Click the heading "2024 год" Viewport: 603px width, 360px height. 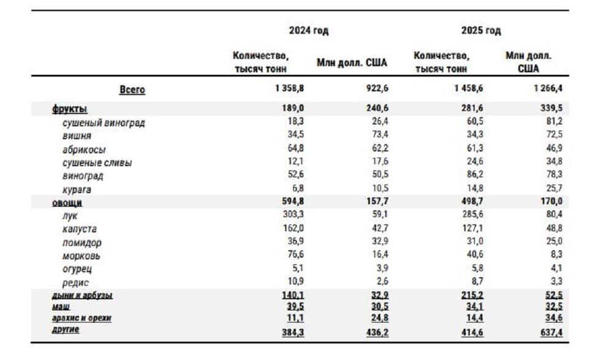309,31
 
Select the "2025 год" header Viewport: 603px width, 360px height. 481,31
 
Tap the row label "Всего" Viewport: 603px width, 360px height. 133,90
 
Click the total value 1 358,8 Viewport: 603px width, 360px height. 290,88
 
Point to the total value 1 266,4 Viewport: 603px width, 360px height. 548,88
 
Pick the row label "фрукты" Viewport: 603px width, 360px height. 69,109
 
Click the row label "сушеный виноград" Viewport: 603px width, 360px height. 104,123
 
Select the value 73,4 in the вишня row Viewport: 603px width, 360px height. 380,134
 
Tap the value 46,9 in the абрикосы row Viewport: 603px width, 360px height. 554,148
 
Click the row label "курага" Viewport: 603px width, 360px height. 77,190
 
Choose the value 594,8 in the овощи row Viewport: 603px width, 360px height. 293,201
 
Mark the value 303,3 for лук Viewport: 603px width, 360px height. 293,214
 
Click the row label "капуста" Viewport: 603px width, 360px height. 80,229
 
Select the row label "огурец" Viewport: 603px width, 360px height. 77,269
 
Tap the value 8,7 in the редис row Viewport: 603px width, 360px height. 477,281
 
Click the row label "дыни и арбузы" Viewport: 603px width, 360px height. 82,296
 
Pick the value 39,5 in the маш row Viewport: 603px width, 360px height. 295,307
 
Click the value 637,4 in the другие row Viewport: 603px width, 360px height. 551,332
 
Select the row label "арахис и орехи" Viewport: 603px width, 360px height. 82,318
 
